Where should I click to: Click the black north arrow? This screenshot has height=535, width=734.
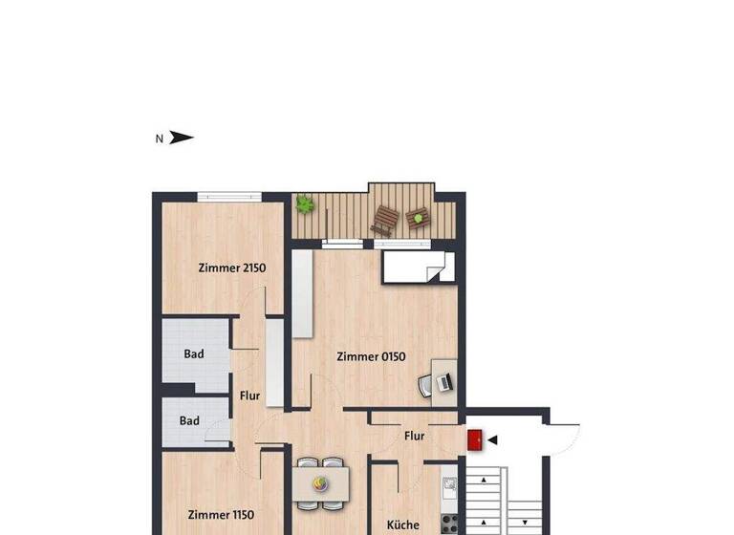pyautogui.click(x=182, y=138)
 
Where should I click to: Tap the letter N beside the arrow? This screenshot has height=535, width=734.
pyautogui.click(x=159, y=139)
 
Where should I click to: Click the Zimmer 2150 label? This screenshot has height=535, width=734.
pyautogui.click(x=231, y=268)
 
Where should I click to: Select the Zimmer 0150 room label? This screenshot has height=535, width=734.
pyautogui.click(x=371, y=357)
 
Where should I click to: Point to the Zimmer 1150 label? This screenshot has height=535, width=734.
pyautogui.click(x=220, y=515)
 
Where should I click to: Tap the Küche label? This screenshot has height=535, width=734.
pyautogui.click(x=402, y=524)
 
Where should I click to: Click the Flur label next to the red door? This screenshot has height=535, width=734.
pyautogui.click(x=414, y=437)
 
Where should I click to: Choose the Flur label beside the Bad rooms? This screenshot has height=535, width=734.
pyautogui.click(x=249, y=394)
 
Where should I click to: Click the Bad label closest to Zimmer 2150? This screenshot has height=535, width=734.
pyautogui.click(x=194, y=354)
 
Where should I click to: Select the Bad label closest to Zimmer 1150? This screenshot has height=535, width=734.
pyautogui.click(x=189, y=420)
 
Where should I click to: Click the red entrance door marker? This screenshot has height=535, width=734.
pyautogui.click(x=474, y=439)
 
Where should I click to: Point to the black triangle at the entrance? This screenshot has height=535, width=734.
pyautogui.click(x=493, y=439)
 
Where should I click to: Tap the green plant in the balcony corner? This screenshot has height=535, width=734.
pyautogui.click(x=305, y=203)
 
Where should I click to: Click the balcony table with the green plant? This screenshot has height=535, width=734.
pyautogui.click(x=418, y=219)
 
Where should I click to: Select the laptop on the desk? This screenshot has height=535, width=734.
pyautogui.click(x=443, y=382)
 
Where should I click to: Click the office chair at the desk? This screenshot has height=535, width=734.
pyautogui.click(x=425, y=386)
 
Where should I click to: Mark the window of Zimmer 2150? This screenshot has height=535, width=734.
pyautogui.click(x=229, y=197)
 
